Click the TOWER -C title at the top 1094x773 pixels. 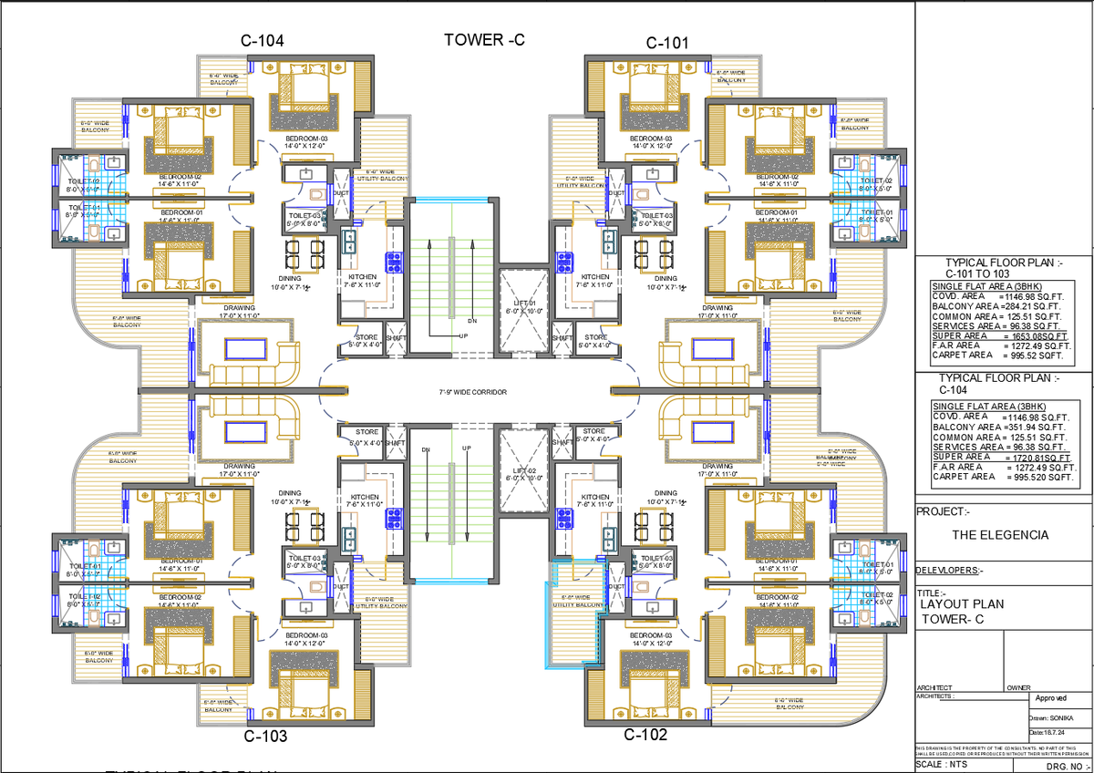click(x=484, y=39)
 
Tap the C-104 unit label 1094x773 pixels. click(x=262, y=41)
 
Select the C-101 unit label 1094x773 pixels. click(x=667, y=42)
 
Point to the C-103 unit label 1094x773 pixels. click(x=265, y=736)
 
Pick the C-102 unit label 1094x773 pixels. click(x=645, y=735)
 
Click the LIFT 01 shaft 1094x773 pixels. click(x=521, y=308)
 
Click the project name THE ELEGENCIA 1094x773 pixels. click(x=1000, y=535)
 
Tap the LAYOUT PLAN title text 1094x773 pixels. click(x=962, y=603)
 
